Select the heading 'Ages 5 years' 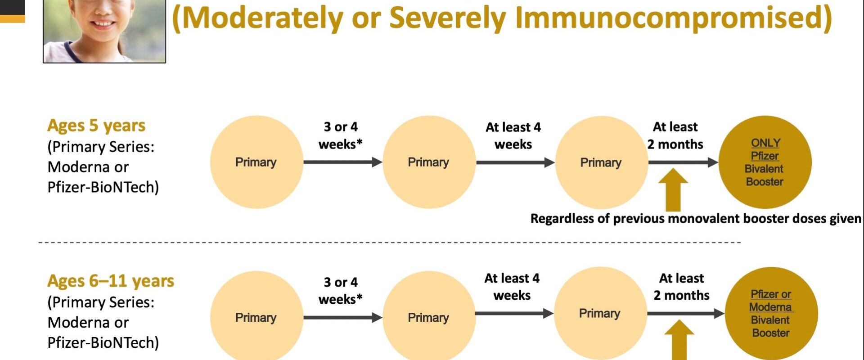click(x=96, y=126)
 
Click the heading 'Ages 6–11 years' click(x=111, y=281)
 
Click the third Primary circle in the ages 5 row click(x=602, y=162)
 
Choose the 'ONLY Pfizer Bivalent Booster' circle click(x=765, y=162)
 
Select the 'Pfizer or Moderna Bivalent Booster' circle click(x=771, y=314)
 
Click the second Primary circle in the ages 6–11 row click(x=429, y=317)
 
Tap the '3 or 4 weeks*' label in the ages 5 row click(x=341, y=135)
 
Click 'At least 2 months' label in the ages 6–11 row click(x=681, y=287)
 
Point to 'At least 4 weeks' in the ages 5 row click(x=513, y=135)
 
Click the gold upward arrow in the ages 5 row click(x=673, y=189)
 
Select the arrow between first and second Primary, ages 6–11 click(x=343, y=317)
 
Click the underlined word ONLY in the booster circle click(x=765, y=143)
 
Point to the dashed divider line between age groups click(x=390, y=243)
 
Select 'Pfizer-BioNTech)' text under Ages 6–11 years click(x=103, y=343)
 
